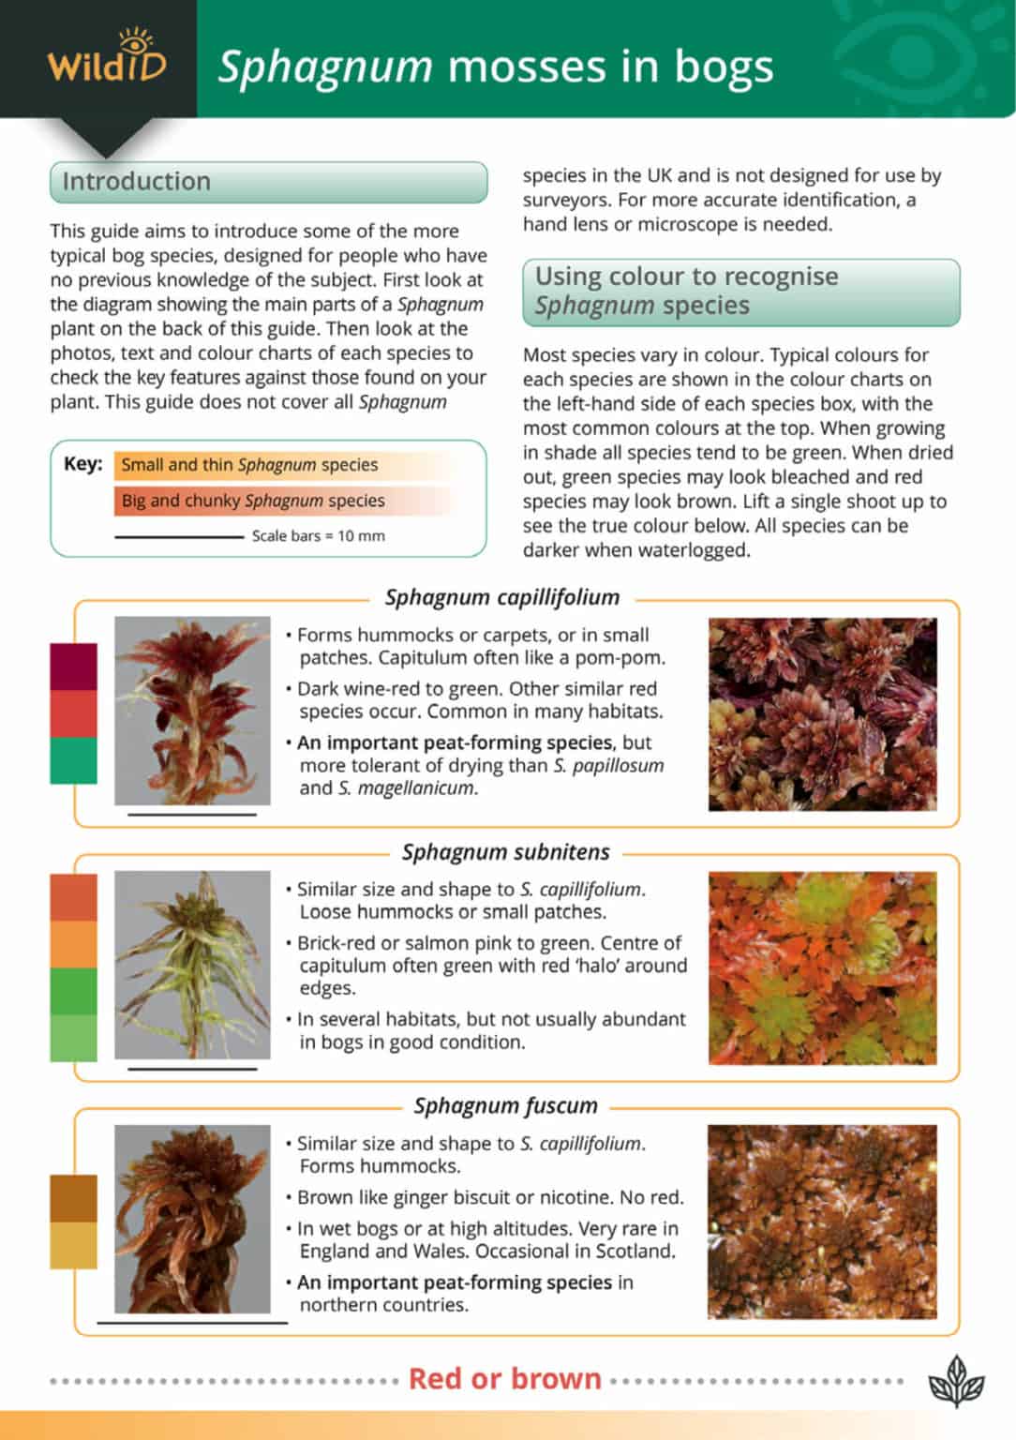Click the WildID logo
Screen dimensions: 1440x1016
tap(106, 58)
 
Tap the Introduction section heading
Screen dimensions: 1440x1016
tap(137, 181)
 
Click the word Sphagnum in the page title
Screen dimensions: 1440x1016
tap(325, 67)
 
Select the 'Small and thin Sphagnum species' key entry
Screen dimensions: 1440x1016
tap(249, 465)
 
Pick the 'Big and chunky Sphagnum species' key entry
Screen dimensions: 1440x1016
tap(253, 501)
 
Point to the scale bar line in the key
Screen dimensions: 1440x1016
tap(178, 537)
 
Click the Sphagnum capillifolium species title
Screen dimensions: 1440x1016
tap(502, 597)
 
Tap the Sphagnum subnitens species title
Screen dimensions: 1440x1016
tap(506, 852)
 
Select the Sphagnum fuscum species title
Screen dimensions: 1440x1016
tap(506, 1105)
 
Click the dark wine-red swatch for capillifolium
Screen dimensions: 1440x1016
tap(73, 667)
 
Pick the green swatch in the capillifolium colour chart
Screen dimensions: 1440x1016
tap(73, 760)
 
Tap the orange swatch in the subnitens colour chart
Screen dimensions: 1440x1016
tap(73, 944)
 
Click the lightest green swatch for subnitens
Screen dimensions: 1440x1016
tap(73, 1038)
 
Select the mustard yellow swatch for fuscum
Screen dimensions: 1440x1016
tap(73, 1245)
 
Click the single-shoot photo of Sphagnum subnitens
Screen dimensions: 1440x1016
tap(192, 965)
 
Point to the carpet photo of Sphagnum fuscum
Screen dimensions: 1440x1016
tap(822, 1222)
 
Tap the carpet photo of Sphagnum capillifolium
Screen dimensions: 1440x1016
tap(822, 713)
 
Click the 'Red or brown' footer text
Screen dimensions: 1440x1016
tap(505, 1378)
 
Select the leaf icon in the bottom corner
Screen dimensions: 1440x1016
tap(956, 1381)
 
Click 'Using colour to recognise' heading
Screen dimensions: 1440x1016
tap(687, 277)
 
